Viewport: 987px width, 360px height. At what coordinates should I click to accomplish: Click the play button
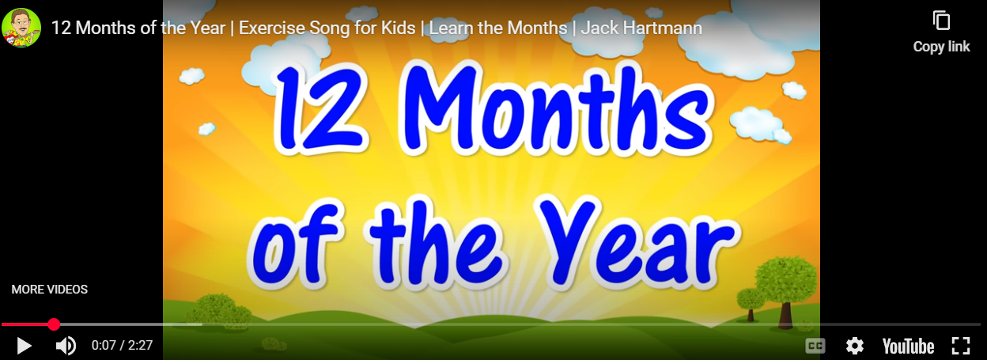[x=25, y=346]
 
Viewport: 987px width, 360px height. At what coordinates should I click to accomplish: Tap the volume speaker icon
[x=66, y=346]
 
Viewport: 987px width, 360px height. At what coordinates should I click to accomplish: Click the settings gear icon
[x=855, y=346]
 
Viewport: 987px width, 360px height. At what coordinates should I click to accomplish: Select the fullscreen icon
[x=961, y=346]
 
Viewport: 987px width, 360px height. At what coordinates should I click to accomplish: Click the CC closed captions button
[x=815, y=346]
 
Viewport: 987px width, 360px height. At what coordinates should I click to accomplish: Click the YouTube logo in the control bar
[x=908, y=347]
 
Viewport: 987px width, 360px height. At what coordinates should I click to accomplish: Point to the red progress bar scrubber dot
[x=54, y=324]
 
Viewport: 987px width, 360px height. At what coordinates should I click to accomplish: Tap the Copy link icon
[x=942, y=21]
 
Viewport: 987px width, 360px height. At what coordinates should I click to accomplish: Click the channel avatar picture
[x=21, y=28]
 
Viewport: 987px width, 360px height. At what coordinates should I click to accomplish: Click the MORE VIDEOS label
[x=49, y=290]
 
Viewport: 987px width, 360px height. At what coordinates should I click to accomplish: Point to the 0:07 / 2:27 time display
[x=122, y=345]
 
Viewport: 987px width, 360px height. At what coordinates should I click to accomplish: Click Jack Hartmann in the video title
[x=641, y=28]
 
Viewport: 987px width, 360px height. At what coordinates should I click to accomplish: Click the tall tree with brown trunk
[x=785, y=291]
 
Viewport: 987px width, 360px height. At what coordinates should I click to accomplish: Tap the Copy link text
[x=942, y=47]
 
